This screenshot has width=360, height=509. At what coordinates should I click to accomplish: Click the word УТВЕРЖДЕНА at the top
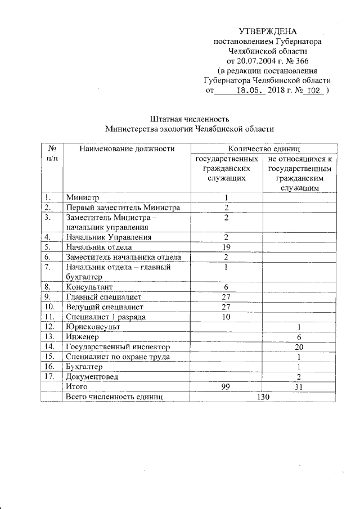tap(268, 31)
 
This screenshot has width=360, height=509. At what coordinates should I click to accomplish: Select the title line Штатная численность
tap(189, 119)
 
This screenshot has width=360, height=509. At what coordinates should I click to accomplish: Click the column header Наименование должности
tap(127, 149)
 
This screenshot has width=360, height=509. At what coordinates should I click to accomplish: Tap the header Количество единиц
tap(262, 149)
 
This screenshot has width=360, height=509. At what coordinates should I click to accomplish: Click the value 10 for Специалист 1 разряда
tap(226, 317)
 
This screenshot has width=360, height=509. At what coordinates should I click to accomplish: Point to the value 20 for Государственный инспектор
tap(299, 347)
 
